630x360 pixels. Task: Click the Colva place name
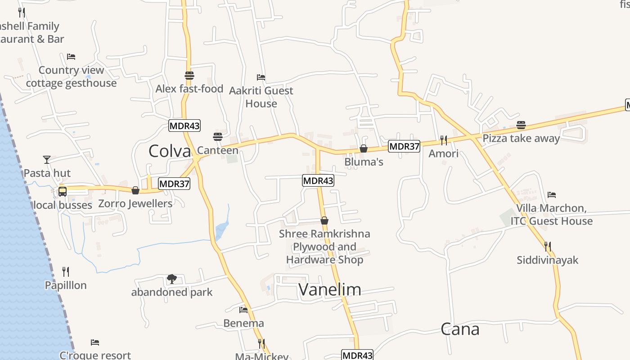(x=170, y=151)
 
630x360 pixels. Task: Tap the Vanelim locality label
(x=329, y=289)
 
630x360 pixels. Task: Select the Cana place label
(x=460, y=329)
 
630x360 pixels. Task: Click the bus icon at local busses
(x=63, y=192)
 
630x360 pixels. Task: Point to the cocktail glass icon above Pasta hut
(x=47, y=160)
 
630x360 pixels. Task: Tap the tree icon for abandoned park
(x=171, y=279)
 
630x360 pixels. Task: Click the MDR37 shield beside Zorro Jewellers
(x=174, y=184)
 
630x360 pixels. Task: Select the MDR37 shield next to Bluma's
(x=404, y=146)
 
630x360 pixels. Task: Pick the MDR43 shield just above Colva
(x=184, y=126)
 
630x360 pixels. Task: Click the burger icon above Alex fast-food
(x=189, y=76)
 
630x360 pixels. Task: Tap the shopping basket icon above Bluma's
(x=364, y=148)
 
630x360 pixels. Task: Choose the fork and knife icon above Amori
(x=444, y=140)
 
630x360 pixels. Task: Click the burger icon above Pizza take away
(x=521, y=125)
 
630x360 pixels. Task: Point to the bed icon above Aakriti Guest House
(x=261, y=77)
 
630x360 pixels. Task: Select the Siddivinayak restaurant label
(x=547, y=260)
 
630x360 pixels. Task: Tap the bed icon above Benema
(x=243, y=310)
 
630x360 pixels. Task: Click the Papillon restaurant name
(x=66, y=285)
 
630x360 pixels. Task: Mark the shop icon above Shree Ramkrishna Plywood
(x=324, y=220)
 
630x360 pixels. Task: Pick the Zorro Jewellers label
(x=135, y=203)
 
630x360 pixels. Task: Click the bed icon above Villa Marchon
(x=552, y=195)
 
